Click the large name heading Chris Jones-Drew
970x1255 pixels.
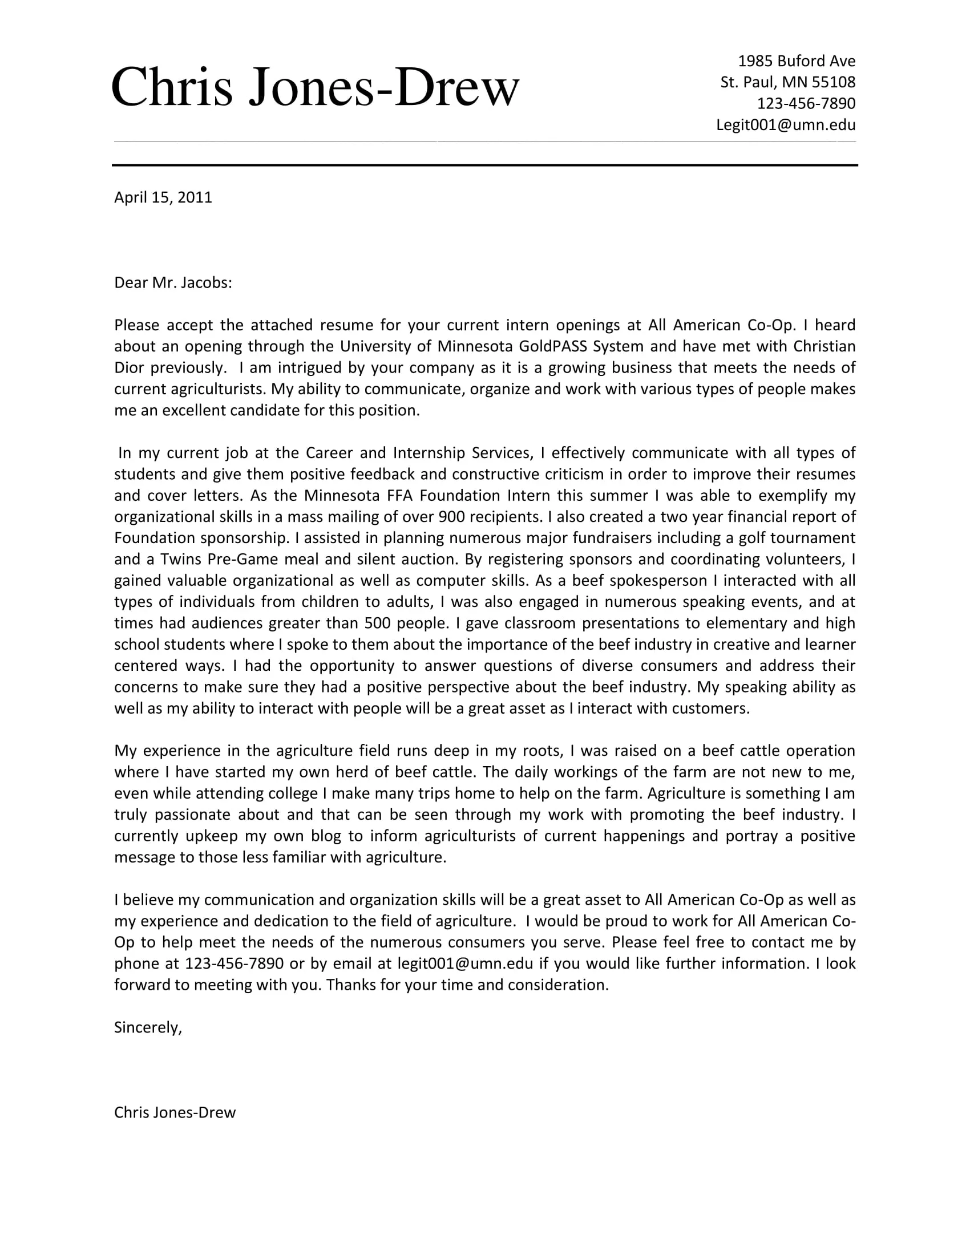point(315,87)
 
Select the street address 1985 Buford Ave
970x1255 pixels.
point(796,61)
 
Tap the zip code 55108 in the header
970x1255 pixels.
point(833,82)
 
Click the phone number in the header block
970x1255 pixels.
point(806,103)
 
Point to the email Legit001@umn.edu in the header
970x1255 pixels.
point(785,125)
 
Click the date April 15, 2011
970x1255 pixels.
point(163,198)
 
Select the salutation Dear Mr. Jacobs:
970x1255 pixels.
point(173,283)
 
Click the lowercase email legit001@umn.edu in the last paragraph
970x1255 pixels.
point(465,963)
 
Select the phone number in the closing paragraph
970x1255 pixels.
point(234,963)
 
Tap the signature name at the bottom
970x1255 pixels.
point(175,1112)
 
